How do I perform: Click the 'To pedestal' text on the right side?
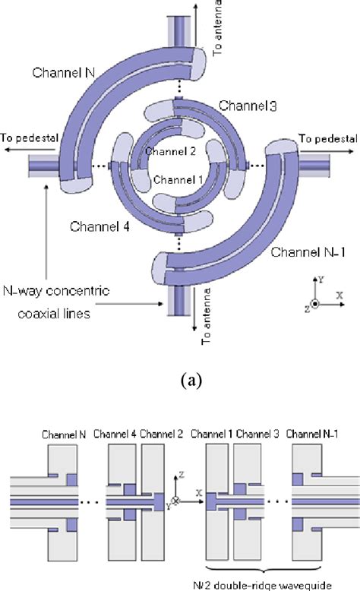327,139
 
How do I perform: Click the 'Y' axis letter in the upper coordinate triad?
323,280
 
